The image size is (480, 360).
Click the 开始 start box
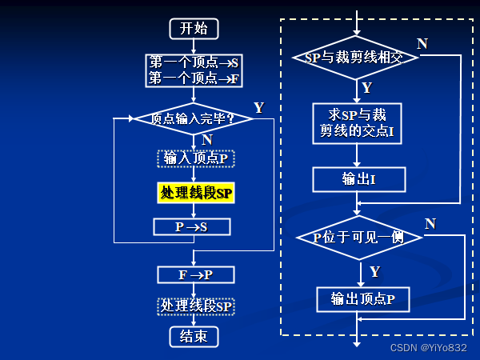(194, 28)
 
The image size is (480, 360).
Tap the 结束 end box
(194, 336)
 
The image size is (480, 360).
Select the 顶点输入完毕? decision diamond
(193, 119)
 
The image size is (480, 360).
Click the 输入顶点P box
(195, 158)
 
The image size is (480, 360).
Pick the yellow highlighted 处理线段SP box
(196, 193)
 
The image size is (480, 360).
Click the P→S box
(192, 226)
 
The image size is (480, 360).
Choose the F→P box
(196, 274)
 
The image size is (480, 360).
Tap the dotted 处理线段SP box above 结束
(196, 306)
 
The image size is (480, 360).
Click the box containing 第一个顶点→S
(194, 61)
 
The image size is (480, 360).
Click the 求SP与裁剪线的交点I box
(357, 122)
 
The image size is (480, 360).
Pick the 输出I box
(358, 179)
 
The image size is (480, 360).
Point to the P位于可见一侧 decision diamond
(358, 238)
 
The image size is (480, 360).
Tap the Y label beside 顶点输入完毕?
(258, 107)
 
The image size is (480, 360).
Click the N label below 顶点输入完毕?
(207, 139)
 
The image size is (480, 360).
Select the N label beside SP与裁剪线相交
(422, 43)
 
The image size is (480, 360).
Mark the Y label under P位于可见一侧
(374, 271)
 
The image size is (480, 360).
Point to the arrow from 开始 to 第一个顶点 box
(194, 46)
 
